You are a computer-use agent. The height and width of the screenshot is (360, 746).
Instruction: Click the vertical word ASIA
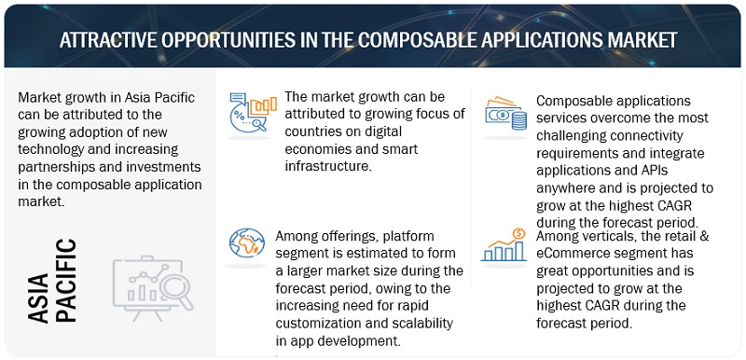(38, 298)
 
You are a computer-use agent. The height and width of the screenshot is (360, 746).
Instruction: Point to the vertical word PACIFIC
(65, 281)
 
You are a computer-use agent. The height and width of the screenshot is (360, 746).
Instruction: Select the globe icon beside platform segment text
(246, 243)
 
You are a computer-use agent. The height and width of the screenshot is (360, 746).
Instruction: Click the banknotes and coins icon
(505, 113)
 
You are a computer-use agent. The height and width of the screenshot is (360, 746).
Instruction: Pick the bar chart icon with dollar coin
(504, 245)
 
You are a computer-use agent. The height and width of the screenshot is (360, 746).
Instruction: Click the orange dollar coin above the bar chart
(518, 233)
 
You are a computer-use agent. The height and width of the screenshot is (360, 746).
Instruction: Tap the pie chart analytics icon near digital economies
(253, 112)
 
